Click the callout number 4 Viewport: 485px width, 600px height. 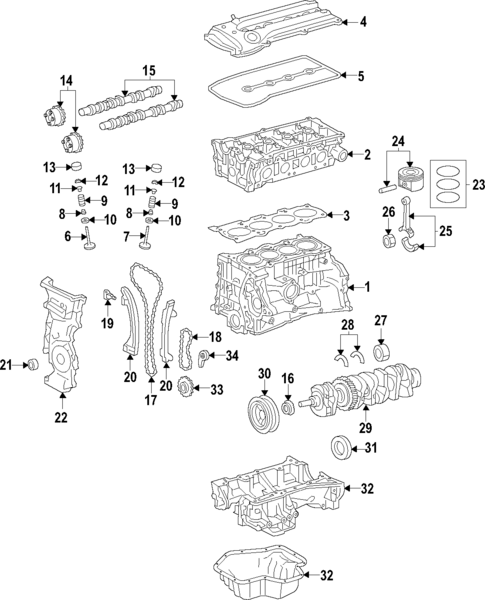pos(363,22)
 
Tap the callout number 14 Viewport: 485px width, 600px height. pos(67,79)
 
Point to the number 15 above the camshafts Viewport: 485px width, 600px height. pos(149,71)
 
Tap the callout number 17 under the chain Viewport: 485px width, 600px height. pos(151,402)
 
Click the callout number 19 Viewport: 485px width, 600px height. pos(107,325)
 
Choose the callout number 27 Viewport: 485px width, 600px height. pos(380,321)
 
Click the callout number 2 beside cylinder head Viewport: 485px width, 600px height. pos(367,154)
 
